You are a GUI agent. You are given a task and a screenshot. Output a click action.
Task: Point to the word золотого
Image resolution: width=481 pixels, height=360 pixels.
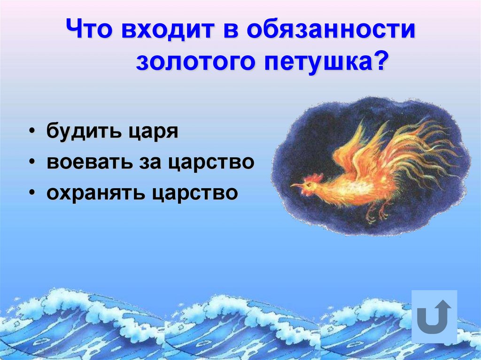[194, 62]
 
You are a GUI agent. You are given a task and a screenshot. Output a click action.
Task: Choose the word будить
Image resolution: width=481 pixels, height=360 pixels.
[82, 131]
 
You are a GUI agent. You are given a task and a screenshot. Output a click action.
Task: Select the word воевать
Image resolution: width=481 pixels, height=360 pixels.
[88, 162]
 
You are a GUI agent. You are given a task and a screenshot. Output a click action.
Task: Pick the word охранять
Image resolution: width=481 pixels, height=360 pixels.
[94, 193]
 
